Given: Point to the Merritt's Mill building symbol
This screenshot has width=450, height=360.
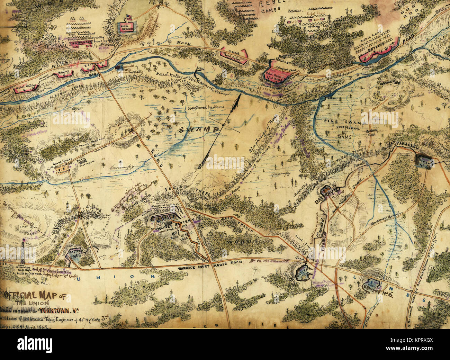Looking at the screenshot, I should tap(119, 67).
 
